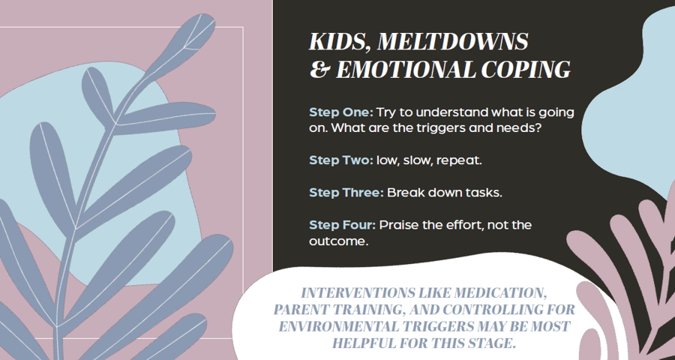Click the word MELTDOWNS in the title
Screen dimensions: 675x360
[452, 42]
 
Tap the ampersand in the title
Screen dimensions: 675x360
[319, 70]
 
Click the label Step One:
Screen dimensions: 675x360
[341, 112]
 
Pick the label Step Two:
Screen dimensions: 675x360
[341, 160]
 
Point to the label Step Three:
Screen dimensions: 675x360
[346, 193]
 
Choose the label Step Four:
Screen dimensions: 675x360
[343, 225]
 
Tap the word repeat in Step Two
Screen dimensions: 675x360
[459, 161]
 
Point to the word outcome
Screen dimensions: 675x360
[339, 241]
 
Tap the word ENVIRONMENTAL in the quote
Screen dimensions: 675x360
[339, 326]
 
